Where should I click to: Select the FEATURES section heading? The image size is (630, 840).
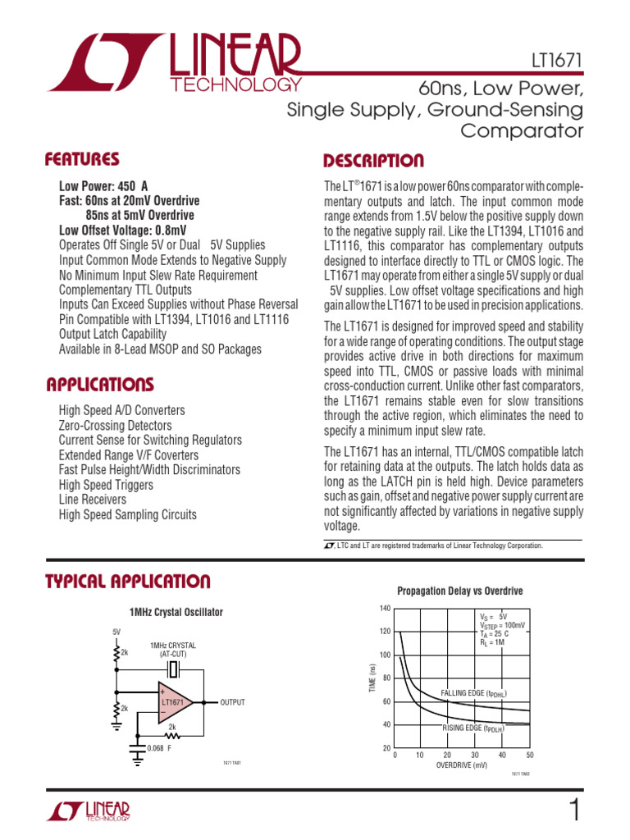tap(82, 158)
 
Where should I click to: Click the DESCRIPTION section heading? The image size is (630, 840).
tap(373, 160)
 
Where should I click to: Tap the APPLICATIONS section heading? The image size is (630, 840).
tap(99, 384)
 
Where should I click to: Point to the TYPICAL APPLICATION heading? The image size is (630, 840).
tap(127, 582)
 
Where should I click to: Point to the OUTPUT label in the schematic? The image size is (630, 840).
tap(232, 703)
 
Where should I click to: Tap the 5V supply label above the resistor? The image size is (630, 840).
tap(116, 632)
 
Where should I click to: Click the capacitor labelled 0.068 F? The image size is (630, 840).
tap(135, 747)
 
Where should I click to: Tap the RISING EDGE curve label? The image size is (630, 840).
tap(472, 728)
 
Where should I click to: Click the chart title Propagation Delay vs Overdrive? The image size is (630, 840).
tap(459, 591)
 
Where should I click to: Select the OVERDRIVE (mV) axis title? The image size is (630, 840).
tap(462, 765)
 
